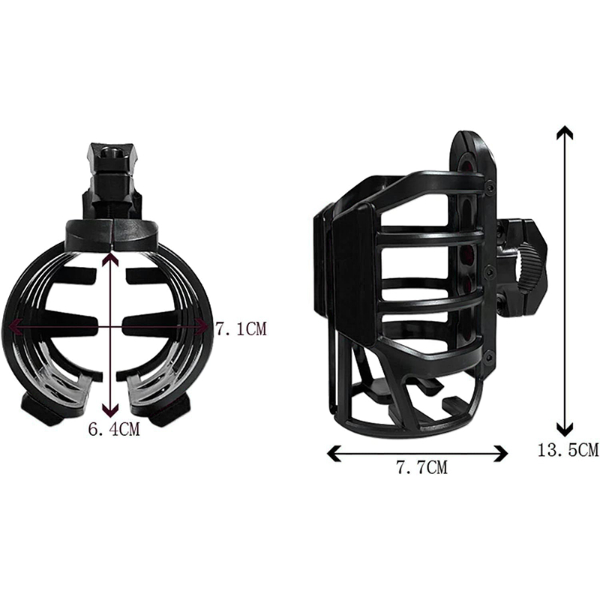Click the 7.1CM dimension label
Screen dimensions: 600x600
[240, 329]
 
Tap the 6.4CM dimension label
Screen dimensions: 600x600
[114, 429]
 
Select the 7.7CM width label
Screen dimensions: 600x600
[421, 467]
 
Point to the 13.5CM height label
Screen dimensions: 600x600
[568, 450]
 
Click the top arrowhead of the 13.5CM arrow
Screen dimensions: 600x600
[565, 131]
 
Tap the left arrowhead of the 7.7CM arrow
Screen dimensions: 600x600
[334, 454]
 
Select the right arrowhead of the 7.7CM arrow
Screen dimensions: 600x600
[501, 454]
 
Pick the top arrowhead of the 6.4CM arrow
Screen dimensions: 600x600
[110, 260]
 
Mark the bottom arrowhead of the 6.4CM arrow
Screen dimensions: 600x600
[110, 411]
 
